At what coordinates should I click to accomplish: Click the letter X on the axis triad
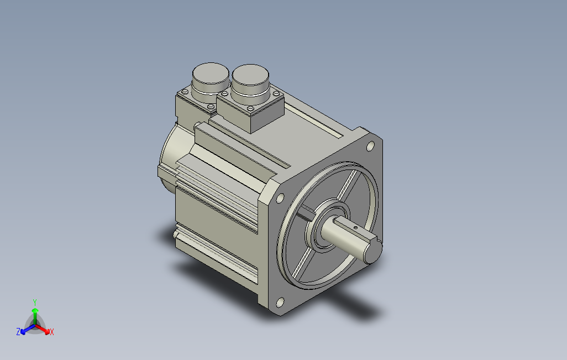pos(52,332)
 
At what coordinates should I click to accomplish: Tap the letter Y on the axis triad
pos(35,302)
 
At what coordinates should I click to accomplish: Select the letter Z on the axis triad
pos(18,331)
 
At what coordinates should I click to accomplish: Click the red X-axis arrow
pos(43,329)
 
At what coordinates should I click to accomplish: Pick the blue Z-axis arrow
pos(28,329)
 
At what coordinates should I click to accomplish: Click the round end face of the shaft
pos(373,252)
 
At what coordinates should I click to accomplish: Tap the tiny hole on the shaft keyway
pos(355,227)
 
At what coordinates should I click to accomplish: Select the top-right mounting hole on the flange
pos(370,146)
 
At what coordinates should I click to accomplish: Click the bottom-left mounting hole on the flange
pos(280,302)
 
